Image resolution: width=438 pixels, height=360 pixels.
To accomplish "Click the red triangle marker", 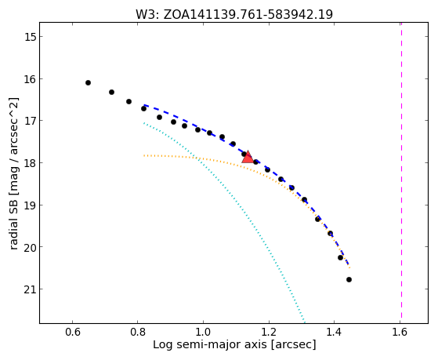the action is pos(248,157).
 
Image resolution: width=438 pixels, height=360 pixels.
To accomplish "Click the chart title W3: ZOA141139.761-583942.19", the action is pos(234,15).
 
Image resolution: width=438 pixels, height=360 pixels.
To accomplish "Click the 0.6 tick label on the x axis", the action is pos(73,332).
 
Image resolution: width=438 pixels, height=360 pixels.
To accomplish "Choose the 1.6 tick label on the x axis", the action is pos(400,332).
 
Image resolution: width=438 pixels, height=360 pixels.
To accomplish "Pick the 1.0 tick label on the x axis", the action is pos(203,332).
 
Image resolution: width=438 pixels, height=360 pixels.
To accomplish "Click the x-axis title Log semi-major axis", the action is pos(209,344).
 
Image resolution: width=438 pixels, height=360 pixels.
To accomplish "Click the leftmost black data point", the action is pos(88,83).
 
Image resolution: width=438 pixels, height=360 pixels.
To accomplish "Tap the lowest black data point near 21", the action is pos(349,279).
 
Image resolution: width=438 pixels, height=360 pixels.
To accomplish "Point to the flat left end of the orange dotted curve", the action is pos(144,155).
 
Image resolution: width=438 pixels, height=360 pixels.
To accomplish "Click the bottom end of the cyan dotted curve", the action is pos(305,322).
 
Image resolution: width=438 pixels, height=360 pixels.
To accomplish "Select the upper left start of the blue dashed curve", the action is pos(144,105).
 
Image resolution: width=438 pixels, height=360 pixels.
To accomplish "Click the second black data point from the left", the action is pos(111,92).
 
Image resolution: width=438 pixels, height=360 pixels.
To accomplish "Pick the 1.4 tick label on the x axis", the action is pos(334,332).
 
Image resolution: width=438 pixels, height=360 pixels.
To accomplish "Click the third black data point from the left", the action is pos(129,101).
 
